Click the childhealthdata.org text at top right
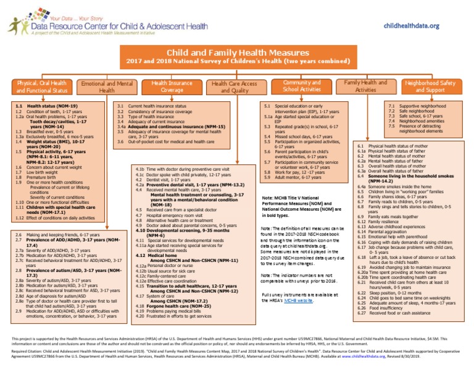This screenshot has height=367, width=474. [411, 25]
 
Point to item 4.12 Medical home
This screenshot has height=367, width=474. [152, 272]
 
